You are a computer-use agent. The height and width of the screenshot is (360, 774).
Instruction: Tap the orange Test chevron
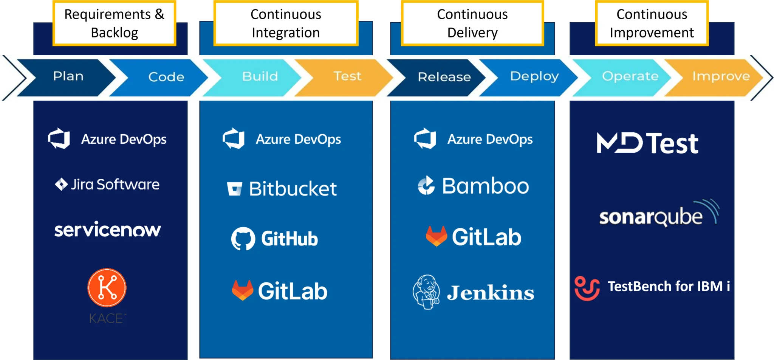344,77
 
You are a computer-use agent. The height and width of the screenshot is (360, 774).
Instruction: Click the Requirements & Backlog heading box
115,23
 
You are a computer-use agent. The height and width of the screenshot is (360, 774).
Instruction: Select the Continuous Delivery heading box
472,23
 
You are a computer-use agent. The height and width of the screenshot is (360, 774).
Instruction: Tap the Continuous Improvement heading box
652,23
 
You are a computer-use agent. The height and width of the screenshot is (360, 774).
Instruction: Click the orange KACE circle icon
107,288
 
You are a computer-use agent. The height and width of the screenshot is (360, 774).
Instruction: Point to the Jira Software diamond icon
61,185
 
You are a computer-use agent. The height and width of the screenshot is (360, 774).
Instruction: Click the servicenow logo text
108,230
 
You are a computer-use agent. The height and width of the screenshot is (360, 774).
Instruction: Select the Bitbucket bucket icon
234,189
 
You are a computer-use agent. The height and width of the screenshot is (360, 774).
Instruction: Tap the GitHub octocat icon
243,239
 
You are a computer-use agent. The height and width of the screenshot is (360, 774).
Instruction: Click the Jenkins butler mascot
426,292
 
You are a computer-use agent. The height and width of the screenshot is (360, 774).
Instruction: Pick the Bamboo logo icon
426,185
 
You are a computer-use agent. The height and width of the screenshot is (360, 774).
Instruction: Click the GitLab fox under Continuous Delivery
436,236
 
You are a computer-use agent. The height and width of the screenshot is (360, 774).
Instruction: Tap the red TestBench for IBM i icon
587,288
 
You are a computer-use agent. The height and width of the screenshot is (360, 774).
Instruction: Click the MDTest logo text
647,143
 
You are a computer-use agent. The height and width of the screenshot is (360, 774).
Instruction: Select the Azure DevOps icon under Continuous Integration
234,139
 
